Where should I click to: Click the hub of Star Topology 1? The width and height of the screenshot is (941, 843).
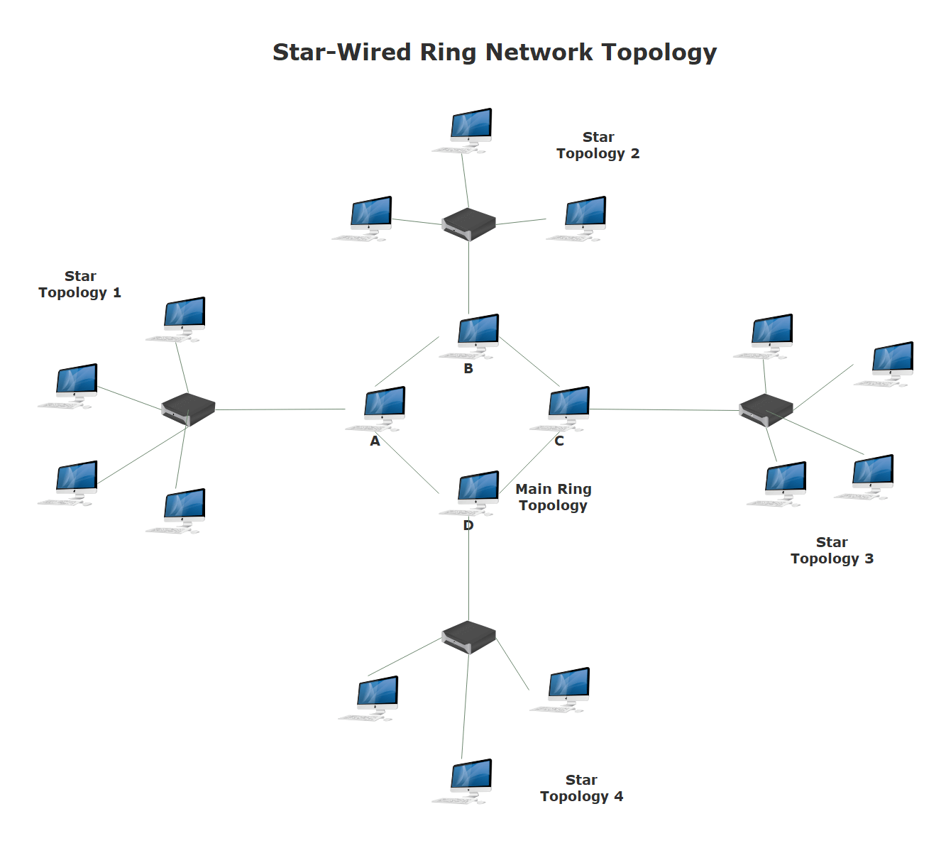tap(188, 409)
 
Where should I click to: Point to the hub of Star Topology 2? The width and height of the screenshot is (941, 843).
tap(468, 224)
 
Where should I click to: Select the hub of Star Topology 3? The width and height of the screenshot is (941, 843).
tap(766, 410)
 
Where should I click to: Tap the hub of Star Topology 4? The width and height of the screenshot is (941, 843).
tap(468, 637)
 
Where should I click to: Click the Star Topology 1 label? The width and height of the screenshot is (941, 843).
tap(80, 285)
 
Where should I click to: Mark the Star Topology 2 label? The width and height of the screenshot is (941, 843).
tap(598, 145)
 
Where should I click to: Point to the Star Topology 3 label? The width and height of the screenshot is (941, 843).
tap(832, 551)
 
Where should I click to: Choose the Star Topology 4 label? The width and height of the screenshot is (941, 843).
tap(581, 788)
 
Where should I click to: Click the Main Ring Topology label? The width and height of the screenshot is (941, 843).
tap(554, 497)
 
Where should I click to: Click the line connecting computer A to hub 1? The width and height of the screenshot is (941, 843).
tap(280, 409)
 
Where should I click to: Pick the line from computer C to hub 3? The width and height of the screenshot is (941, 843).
tap(664, 409)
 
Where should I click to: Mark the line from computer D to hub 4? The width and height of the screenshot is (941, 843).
tap(468, 575)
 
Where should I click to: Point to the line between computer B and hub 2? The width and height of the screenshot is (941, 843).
tap(468, 277)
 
